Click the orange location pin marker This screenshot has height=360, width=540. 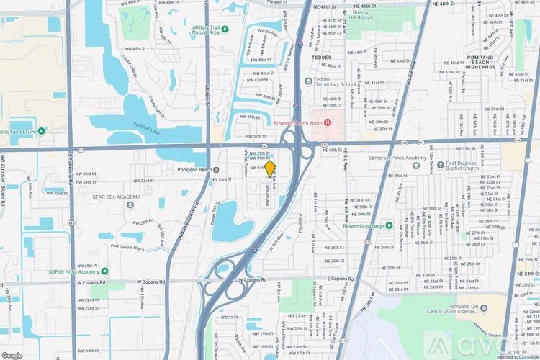[x=271, y=169]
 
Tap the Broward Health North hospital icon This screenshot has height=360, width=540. [x=328, y=122]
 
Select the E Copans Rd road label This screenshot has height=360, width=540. [x=340, y=278]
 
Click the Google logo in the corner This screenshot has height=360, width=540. [x=12, y=355]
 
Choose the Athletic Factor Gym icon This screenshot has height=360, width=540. [x=41, y=131]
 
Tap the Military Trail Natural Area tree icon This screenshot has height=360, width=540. [x=225, y=29]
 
